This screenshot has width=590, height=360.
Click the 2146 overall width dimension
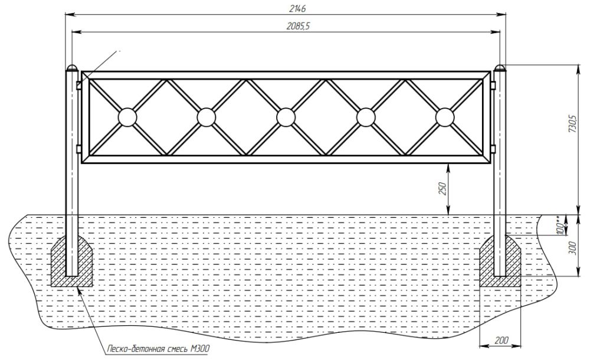pos(297,8)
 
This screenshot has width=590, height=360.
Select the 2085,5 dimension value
pos(298,26)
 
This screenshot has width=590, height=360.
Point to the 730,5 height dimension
pos(572,123)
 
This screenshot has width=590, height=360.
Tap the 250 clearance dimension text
pos(442,189)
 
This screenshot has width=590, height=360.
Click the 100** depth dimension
pos(560,225)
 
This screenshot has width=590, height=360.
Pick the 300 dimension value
pos(572,247)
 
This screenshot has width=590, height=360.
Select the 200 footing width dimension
pos(501,341)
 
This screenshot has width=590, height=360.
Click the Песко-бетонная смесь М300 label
pos(158,349)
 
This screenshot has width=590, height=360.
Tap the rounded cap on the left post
pos(72,68)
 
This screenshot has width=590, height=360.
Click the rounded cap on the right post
pos(499,68)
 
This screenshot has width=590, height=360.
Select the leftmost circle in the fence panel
pos(127,117)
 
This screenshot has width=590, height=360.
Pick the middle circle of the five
pos(286,117)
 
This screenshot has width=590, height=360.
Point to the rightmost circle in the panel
pos(445,117)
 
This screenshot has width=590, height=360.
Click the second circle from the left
pos(206,117)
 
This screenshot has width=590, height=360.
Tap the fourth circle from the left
pos(365,117)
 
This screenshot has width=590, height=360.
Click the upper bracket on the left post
pos(79,85)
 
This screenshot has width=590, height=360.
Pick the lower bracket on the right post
pos(493,149)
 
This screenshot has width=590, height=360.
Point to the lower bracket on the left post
pos(79,149)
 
